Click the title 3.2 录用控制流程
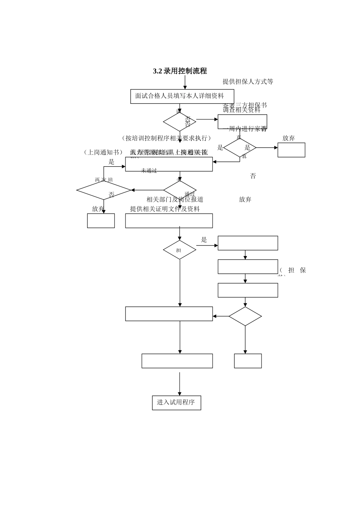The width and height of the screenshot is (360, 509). (x=180, y=71)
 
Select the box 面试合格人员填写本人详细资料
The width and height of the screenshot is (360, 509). (x=182, y=96)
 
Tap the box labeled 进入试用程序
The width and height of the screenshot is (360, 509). (x=176, y=403)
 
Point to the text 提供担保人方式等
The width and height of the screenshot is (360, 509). (x=248, y=82)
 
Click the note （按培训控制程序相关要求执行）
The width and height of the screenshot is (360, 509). (x=166, y=138)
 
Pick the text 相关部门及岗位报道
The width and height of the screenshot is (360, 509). (x=175, y=200)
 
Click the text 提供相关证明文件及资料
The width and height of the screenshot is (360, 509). (x=165, y=209)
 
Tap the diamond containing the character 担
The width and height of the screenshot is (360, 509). (x=179, y=250)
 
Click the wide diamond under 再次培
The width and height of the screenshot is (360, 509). (x=103, y=190)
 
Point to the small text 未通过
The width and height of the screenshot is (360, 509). (x=149, y=171)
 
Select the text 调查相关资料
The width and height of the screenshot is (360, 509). (x=242, y=110)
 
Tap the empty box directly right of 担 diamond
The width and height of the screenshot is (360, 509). (x=247, y=243)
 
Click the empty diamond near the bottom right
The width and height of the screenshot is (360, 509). (x=245, y=316)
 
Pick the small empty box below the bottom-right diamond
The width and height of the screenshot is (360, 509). (x=247, y=361)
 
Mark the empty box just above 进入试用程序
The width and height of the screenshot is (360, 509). (x=177, y=361)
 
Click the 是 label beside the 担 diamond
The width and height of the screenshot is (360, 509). (x=204, y=240)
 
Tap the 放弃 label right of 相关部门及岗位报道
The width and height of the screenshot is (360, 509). (x=245, y=200)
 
